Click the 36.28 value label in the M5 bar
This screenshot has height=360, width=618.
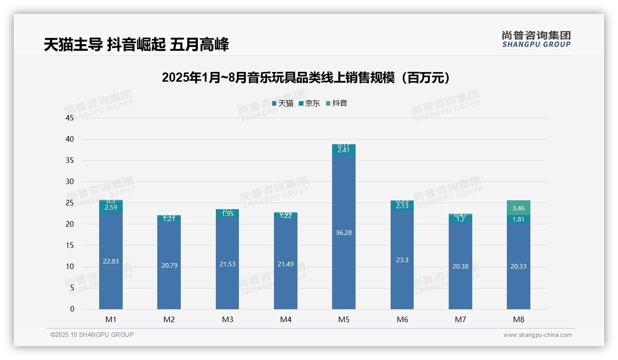click(344, 233)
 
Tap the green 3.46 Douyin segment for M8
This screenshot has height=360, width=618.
click(518, 208)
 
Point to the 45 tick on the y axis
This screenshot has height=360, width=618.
click(70, 118)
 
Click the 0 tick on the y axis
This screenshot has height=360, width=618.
click(72, 309)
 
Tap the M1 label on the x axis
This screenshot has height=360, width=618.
click(111, 319)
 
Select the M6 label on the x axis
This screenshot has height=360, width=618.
click(402, 319)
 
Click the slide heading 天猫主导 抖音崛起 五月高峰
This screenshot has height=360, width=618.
click(136, 45)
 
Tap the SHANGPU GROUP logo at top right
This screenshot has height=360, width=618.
click(536, 39)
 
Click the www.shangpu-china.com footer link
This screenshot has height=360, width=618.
click(537, 335)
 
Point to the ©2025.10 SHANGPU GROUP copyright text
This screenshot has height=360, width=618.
click(92, 335)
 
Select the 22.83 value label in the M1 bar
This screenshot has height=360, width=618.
click(111, 261)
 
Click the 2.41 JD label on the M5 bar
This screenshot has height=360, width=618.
click(344, 150)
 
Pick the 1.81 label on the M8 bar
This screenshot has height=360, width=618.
click(518, 219)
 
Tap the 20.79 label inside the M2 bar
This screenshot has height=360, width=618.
click(169, 265)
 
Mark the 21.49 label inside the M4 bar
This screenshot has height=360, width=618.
click(285, 264)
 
